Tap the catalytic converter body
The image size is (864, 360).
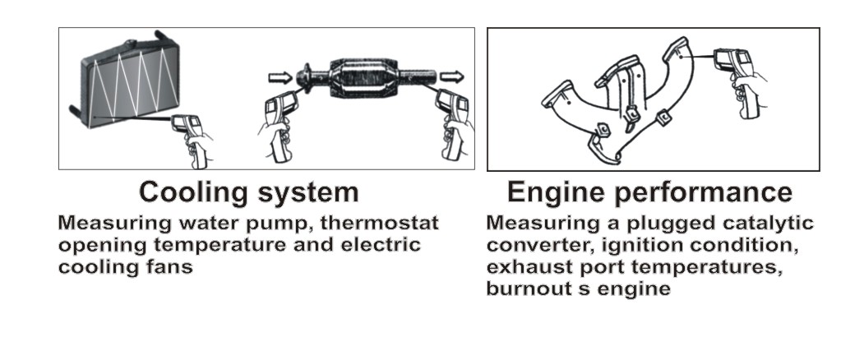coord(364,78)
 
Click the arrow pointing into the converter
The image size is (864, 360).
coord(280,77)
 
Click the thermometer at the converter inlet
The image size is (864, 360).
coord(279,126)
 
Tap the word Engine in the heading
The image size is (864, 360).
coord(557,192)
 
